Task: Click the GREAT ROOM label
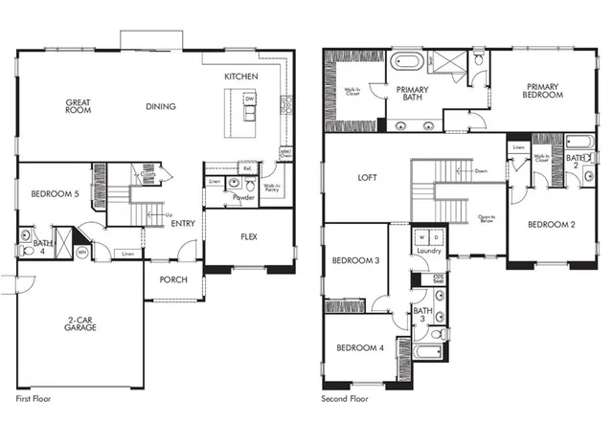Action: click(x=79, y=106)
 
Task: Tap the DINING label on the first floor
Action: click(x=160, y=106)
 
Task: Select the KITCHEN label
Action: click(x=240, y=76)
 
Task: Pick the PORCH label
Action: click(x=173, y=279)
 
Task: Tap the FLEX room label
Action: click(x=248, y=236)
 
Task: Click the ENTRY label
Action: click(x=183, y=225)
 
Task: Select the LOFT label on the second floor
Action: click(x=368, y=177)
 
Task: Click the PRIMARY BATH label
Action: click(x=412, y=91)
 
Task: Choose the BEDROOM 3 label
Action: click(x=356, y=260)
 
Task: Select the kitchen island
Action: click(x=242, y=106)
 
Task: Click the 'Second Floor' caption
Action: click(x=347, y=396)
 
